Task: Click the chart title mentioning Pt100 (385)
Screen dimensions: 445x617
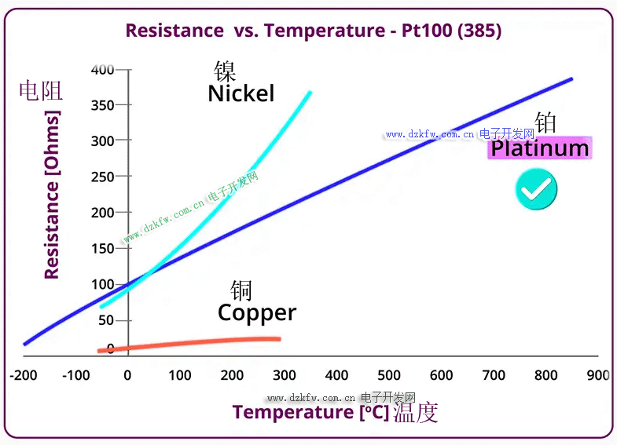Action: (x=313, y=31)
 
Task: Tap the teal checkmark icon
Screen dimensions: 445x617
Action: (x=536, y=188)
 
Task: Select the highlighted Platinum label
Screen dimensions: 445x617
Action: (x=539, y=148)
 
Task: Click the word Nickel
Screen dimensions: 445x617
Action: (x=241, y=93)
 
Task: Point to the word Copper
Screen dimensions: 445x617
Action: (x=257, y=312)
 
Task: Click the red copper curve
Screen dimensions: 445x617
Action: (x=196, y=341)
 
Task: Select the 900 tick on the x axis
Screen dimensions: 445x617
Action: (x=598, y=375)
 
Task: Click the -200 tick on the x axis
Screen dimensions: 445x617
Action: (x=24, y=375)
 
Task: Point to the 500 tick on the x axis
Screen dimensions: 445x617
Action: (x=389, y=375)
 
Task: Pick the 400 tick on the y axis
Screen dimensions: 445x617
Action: (x=102, y=70)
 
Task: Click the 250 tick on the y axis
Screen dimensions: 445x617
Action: (x=102, y=177)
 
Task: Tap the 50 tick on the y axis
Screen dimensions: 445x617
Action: (x=105, y=320)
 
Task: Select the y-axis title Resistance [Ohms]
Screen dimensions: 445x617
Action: (x=52, y=195)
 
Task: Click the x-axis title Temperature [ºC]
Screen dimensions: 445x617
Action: (x=310, y=412)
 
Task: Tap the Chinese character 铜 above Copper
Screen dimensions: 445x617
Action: (x=241, y=290)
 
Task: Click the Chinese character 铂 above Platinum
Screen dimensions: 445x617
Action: (x=545, y=122)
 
